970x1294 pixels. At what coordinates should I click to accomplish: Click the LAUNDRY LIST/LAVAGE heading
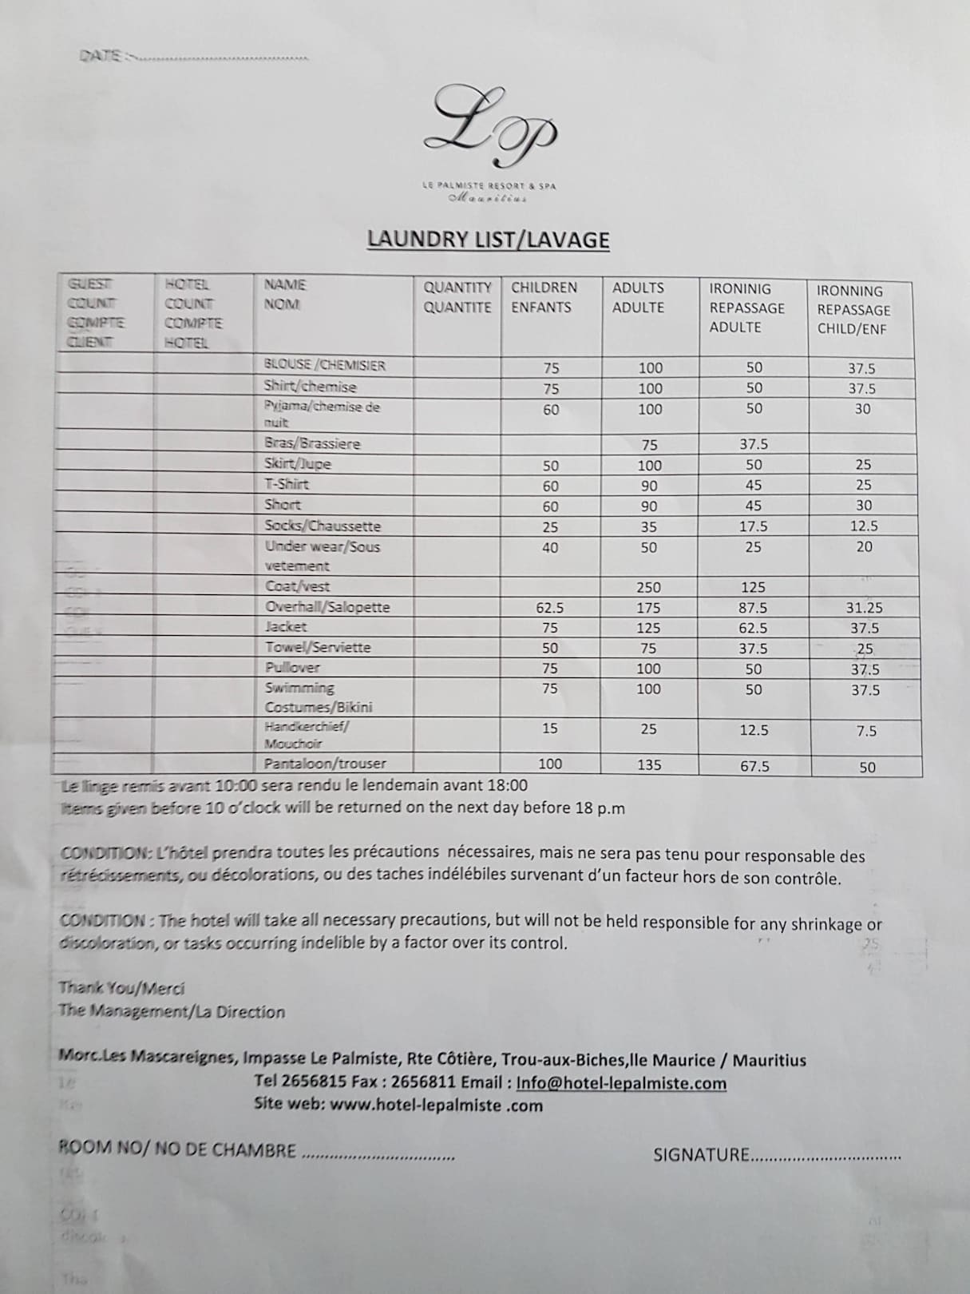point(488,240)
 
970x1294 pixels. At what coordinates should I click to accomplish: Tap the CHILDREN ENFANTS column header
point(544,297)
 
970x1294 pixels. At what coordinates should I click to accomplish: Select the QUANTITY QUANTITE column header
point(457,297)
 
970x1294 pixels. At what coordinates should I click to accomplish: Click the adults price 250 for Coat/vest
point(648,587)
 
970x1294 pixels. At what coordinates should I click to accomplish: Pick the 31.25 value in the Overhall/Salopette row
point(864,608)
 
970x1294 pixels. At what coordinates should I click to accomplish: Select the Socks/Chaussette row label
point(323,526)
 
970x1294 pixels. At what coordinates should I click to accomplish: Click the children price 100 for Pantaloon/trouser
point(550,764)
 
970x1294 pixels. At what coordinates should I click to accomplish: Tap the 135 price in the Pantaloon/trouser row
point(649,764)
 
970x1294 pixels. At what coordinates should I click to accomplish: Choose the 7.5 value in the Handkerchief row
point(866,731)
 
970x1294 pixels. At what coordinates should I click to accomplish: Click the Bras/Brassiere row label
point(312,443)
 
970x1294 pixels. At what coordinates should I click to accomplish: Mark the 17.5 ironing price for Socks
point(754,526)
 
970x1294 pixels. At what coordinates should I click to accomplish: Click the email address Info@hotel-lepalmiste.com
point(621,1083)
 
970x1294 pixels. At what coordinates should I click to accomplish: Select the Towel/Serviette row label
point(318,647)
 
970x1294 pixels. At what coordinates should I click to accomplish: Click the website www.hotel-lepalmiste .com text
point(435,1105)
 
